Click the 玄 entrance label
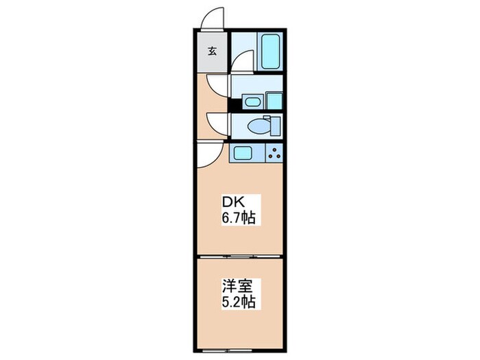[x=213, y=51]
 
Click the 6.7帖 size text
[x=239, y=219]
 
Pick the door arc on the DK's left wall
[x=208, y=157]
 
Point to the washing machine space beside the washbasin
[x=275, y=100]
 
